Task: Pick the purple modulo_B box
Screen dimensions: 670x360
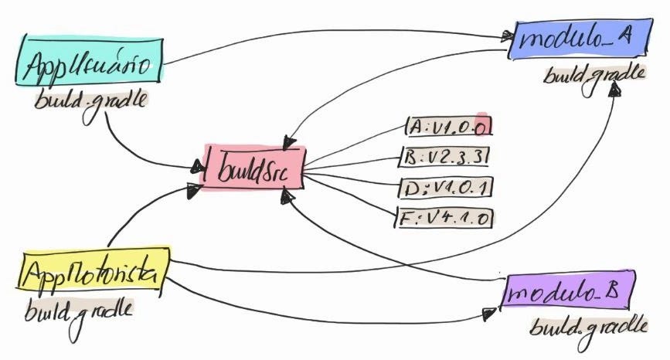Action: (568, 291)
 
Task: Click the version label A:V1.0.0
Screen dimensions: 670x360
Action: (447, 124)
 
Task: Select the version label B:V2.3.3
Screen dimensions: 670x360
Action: (447, 156)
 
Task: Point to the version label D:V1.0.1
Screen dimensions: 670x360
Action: (447, 188)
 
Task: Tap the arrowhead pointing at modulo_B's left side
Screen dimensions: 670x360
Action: (488, 312)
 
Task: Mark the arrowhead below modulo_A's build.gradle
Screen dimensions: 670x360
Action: (614, 90)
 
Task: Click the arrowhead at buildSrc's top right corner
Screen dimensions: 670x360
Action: (288, 143)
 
